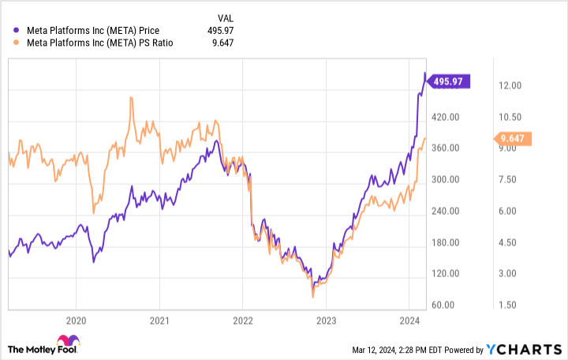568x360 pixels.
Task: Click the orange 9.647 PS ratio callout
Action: point(513,139)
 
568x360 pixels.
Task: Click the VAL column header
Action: point(225,17)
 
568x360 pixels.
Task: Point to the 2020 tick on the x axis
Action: point(76,321)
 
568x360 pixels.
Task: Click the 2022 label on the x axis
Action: point(242,321)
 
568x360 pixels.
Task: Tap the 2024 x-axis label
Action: point(409,321)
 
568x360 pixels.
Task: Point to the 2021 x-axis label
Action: point(159,321)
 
